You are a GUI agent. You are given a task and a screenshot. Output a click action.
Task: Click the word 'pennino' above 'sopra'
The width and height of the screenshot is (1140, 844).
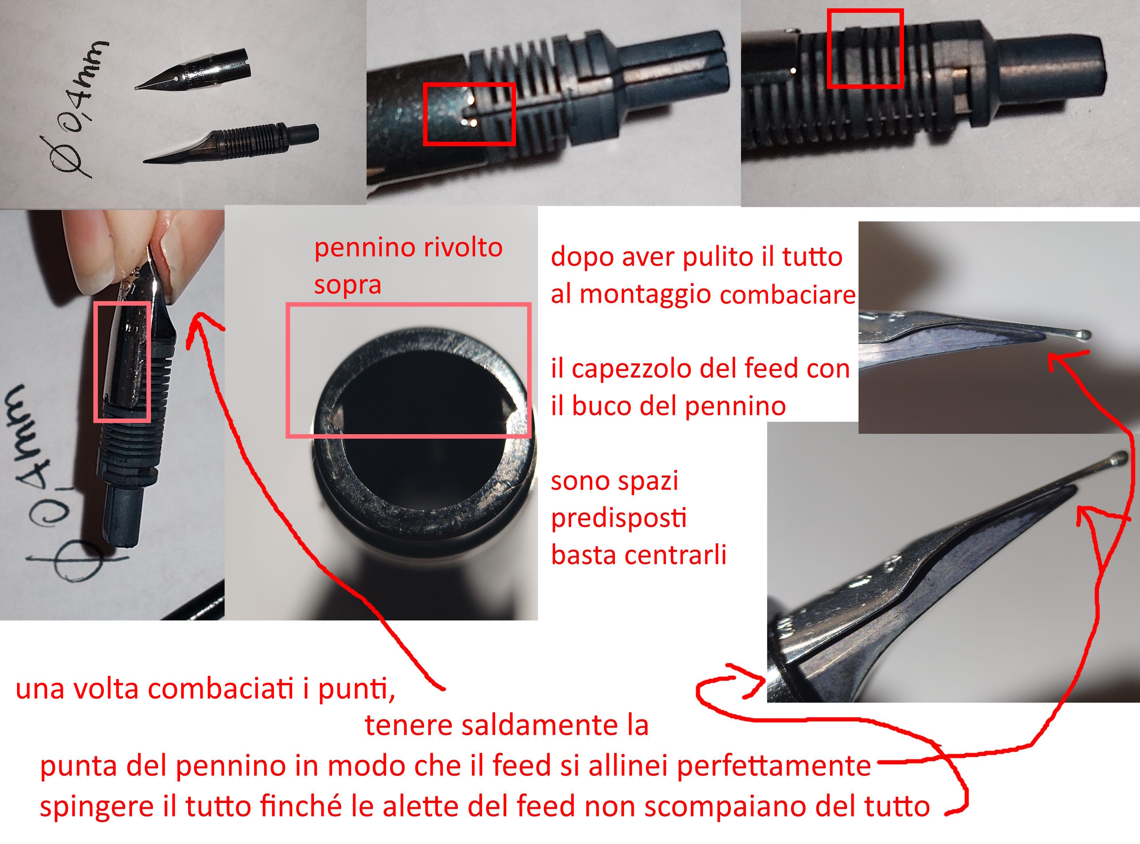point(360,248)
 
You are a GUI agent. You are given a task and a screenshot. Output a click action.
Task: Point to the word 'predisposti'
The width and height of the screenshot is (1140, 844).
point(619,519)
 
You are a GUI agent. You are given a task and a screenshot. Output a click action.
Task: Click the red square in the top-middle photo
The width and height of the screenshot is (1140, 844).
point(469,114)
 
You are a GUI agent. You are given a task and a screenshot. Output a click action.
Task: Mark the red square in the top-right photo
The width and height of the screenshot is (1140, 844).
point(865,49)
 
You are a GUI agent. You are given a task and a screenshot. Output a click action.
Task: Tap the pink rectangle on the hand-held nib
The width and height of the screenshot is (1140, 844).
point(123,362)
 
